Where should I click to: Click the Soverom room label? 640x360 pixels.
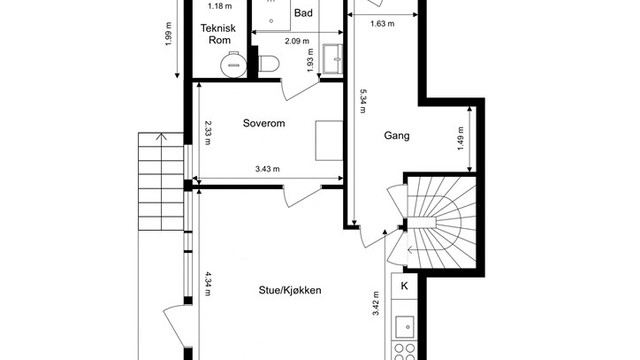pyautogui.click(x=264, y=123)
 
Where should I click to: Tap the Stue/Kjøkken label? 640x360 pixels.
pyautogui.click(x=290, y=290)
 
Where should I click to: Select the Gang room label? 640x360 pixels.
pyautogui.click(x=397, y=136)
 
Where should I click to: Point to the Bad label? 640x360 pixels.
pyautogui.click(x=303, y=13)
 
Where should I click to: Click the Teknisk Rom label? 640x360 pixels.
pyautogui.click(x=218, y=34)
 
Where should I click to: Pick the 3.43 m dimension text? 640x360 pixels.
pyautogui.click(x=268, y=169)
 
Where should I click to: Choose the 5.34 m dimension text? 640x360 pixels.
pyautogui.click(x=362, y=101)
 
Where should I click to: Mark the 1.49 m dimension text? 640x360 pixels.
pyautogui.click(x=461, y=138)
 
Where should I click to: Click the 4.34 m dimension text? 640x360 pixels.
pyautogui.click(x=208, y=283)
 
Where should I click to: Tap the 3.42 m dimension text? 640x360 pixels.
pyautogui.click(x=376, y=303)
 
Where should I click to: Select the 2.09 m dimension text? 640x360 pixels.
pyautogui.click(x=297, y=41)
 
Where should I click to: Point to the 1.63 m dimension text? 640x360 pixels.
pyautogui.click(x=382, y=24)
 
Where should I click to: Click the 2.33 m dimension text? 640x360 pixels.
pyautogui.click(x=208, y=133)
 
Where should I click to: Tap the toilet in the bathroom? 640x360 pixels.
pyautogui.click(x=269, y=64)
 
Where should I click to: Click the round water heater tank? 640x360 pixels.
pyautogui.click(x=233, y=65)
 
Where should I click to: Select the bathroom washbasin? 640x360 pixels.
pyautogui.click(x=333, y=59)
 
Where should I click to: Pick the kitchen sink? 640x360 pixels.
pyautogui.click(x=404, y=327)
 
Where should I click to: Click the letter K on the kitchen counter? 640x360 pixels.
pyautogui.click(x=404, y=286)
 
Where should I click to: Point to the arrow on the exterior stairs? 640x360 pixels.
pyautogui.click(x=162, y=182)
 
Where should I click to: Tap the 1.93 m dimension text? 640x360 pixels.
pyautogui.click(x=311, y=60)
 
